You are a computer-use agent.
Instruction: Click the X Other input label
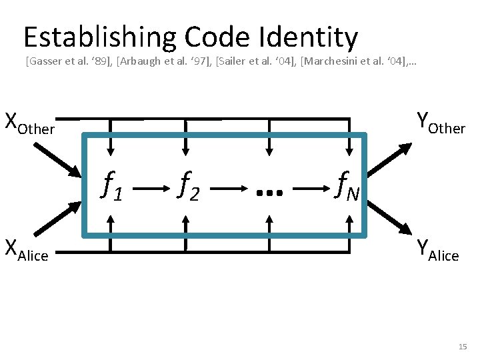coord(29,124)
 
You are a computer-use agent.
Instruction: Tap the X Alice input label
coord(27,249)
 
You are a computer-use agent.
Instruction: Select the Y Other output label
coord(441,123)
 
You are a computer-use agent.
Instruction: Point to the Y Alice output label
coord(437,250)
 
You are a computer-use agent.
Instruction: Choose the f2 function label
coord(189,186)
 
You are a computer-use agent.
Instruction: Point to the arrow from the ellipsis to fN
coord(310,189)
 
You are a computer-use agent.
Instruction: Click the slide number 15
coord(463,347)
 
